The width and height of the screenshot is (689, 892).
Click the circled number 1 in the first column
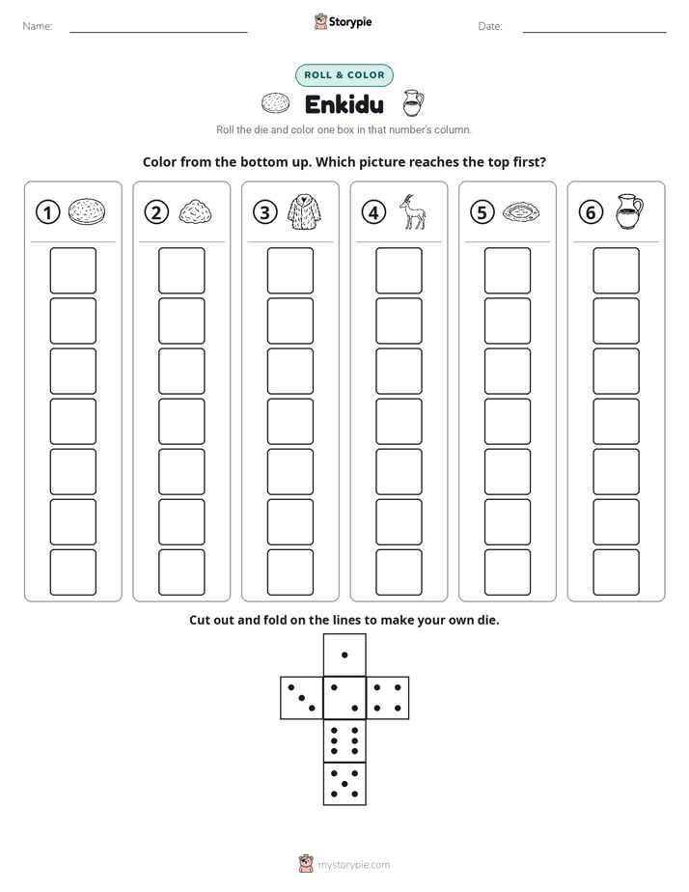[47, 212]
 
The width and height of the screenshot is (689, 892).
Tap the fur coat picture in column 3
[304, 211]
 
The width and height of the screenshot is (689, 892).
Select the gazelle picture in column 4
[413, 211]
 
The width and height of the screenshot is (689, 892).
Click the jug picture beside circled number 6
[629, 211]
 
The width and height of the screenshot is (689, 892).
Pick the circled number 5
[482, 212]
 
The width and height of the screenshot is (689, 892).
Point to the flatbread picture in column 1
[87, 211]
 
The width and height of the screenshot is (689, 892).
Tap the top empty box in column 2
[182, 270]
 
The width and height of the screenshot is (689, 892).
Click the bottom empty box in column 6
[617, 572]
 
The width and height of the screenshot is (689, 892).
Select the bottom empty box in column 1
[73, 572]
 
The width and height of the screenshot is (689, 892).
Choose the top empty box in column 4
[400, 270]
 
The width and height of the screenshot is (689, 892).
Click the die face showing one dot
[344, 655]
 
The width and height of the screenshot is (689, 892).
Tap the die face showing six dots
[344, 740]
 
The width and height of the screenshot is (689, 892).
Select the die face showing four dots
[388, 697]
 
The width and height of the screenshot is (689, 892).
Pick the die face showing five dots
[344, 784]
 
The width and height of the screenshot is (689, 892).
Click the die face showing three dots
[302, 697]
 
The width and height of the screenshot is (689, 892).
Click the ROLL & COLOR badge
[344, 75]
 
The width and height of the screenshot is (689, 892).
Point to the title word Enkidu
[344, 104]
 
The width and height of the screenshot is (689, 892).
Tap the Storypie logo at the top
[344, 21]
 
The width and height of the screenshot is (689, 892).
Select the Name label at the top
[38, 26]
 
